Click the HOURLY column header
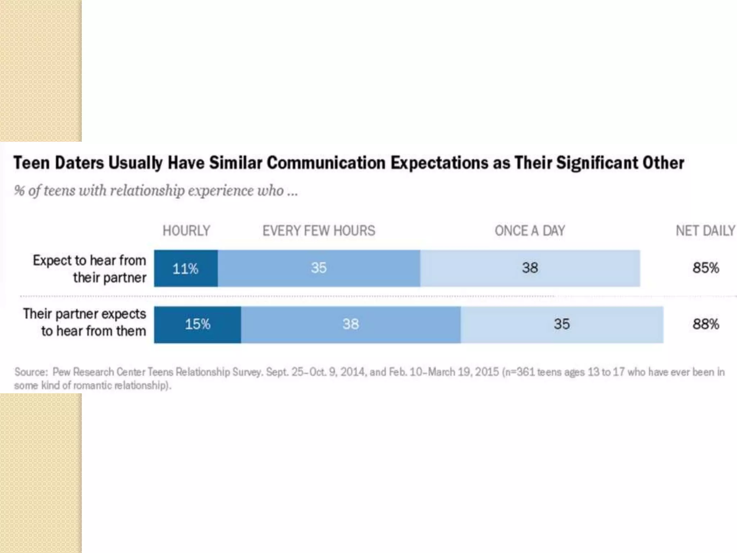186,231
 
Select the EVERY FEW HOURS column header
318,231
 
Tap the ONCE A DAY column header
530,231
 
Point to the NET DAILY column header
705,231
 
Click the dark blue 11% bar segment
186,269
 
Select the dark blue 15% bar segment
198,324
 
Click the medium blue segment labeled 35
319,268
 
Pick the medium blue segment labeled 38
351,324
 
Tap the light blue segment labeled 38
530,268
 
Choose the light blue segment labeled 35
562,324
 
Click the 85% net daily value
706,268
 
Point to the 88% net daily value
706,324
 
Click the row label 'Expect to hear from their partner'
90,269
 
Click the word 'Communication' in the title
326,163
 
